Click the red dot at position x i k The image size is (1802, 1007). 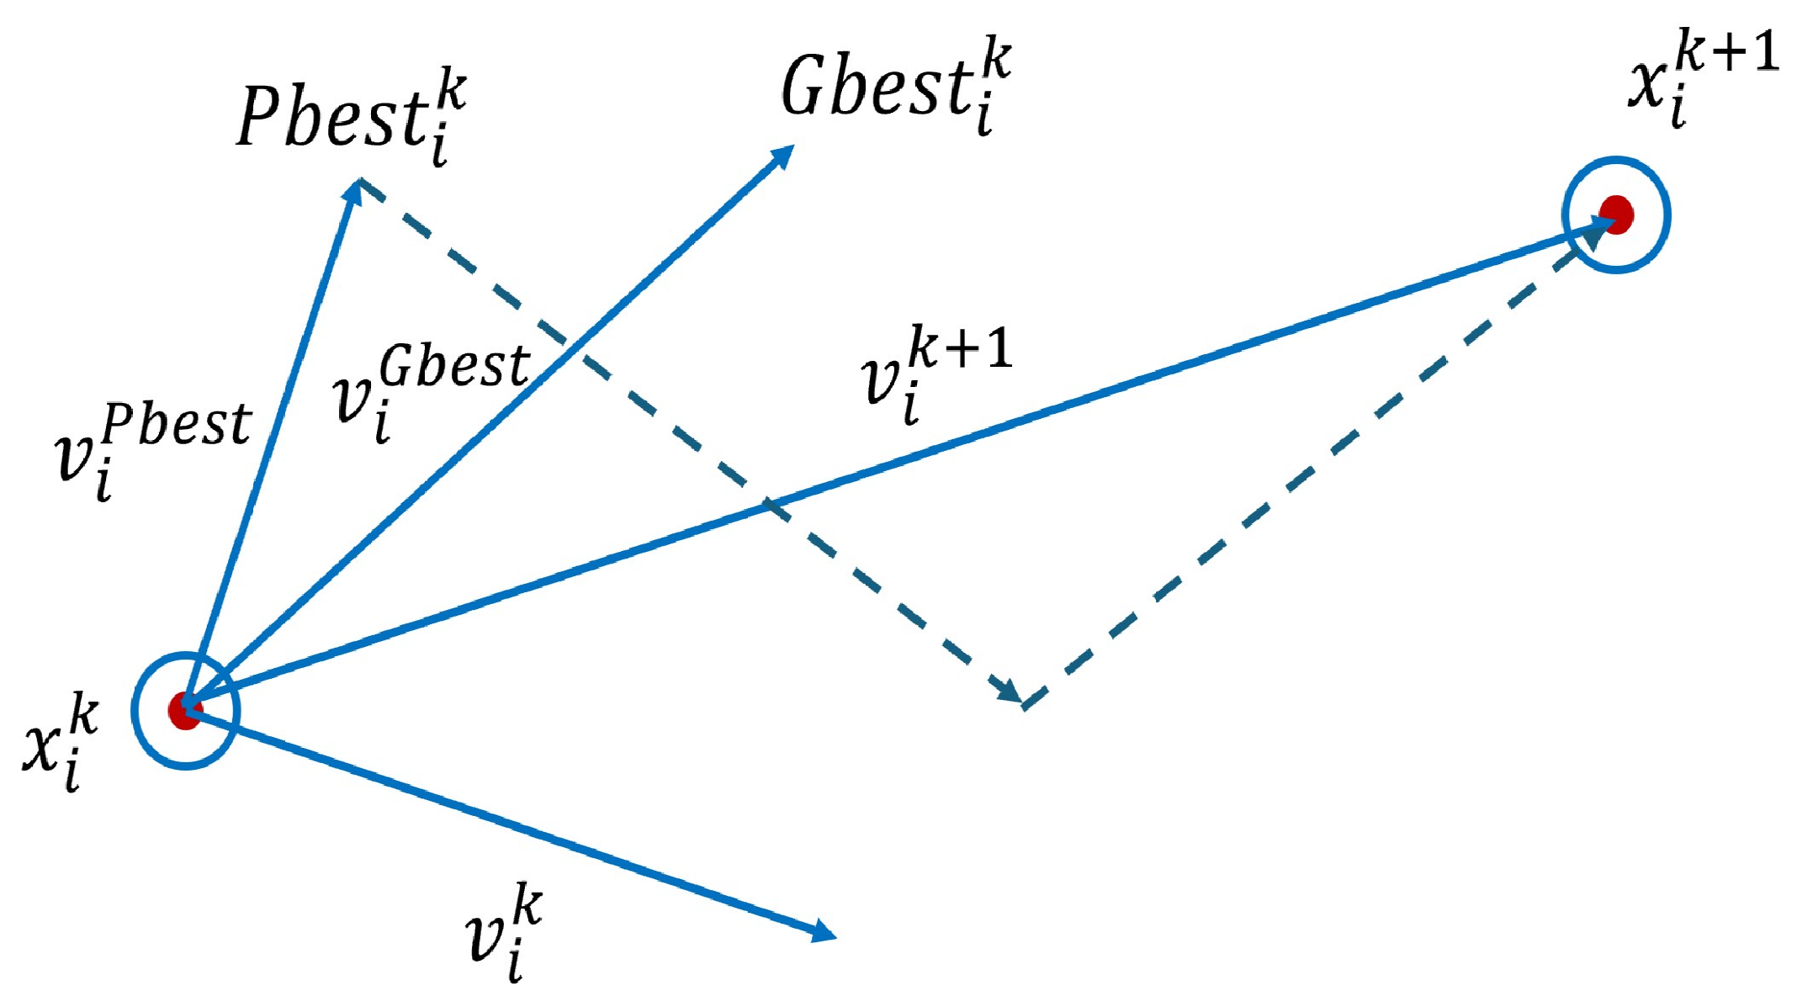point(184,711)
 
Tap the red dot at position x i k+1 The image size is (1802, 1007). point(1616,214)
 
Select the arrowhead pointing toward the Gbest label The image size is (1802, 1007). point(782,156)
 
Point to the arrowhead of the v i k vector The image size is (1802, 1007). point(823,930)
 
